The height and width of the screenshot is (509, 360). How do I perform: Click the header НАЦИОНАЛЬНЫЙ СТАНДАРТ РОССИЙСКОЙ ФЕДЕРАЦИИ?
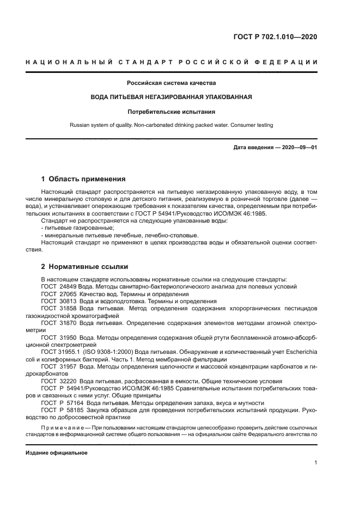tap(172, 63)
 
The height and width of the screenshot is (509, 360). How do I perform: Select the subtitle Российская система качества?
tap(172, 83)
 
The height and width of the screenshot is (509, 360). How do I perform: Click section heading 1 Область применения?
tap(84, 179)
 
